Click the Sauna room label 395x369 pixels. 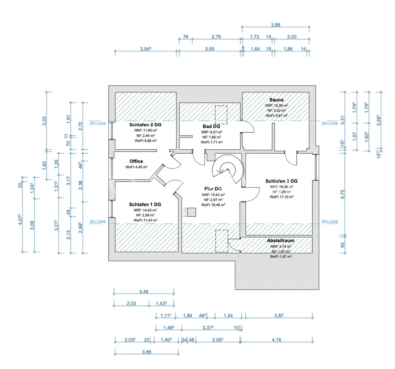tap(276, 100)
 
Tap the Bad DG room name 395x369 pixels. tap(211, 126)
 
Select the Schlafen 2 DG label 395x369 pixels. tap(145, 124)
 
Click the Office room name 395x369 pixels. tap(136, 161)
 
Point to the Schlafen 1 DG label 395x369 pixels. tap(145, 204)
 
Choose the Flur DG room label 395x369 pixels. tap(213, 189)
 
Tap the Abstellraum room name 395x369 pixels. tap(280, 240)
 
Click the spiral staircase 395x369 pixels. tap(226, 170)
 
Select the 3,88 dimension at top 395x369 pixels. tap(276, 25)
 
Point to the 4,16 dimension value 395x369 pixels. tap(276, 339)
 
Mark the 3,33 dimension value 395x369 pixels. tap(44, 120)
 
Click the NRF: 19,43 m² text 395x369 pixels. tap(213, 195)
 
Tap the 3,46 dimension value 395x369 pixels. tap(144, 292)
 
